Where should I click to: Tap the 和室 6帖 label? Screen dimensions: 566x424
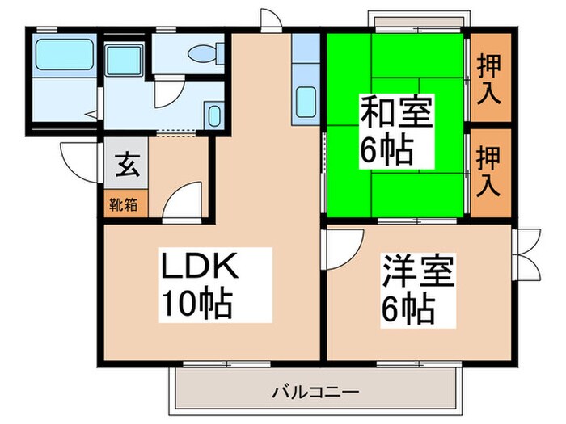[x=397, y=131]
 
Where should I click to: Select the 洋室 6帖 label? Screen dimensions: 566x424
[x=418, y=290]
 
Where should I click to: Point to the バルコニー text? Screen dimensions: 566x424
[x=315, y=392]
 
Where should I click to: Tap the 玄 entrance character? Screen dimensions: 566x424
[x=128, y=165]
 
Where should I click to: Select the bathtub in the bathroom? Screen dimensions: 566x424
[x=65, y=54]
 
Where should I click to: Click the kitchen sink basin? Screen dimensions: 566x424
[x=306, y=103]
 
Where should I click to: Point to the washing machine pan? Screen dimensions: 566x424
[x=124, y=60]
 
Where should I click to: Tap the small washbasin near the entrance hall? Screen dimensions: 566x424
[x=214, y=115]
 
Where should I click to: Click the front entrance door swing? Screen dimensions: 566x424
[x=80, y=163]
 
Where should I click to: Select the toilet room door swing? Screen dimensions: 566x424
[x=169, y=92]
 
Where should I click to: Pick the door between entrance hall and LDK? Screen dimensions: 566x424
[x=182, y=202]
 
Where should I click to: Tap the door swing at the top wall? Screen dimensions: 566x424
[x=271, y=20]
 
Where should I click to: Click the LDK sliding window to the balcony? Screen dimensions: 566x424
[x=226, y=364]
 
